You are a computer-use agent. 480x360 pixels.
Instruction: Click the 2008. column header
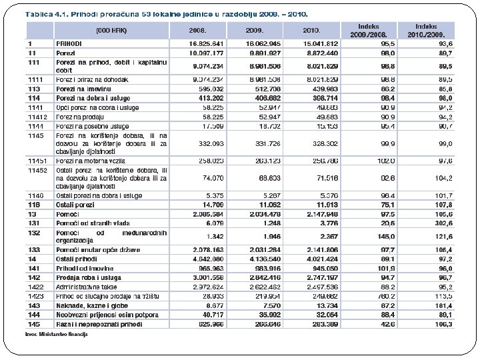(x=198, y=30)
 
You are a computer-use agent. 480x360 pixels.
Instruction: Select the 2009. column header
(x=255, y=30)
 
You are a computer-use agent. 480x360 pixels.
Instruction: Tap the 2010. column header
(x=311, y=30)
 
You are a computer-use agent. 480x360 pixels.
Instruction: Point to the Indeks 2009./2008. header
(x=369, y=29)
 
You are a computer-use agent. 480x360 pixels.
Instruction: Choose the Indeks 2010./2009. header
(x=426, y=29)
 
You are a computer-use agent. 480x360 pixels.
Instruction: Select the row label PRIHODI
(x=69, y=42)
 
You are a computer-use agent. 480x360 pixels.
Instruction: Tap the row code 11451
(x=38, y=161)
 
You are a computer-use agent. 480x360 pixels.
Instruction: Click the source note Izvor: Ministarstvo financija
(x=57, y=333)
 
